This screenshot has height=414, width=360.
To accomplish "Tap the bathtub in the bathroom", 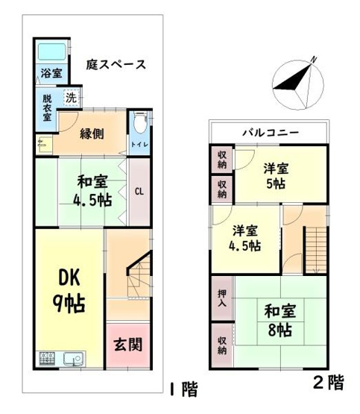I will pyautogui.click(x=51, y=54).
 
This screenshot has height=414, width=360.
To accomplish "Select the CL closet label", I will pyautogui.click(x=139, y=191).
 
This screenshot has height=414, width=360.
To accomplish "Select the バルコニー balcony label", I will pyautogui.click(x=270, y=132).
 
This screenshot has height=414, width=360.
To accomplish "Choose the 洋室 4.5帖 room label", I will pyautogui.click(x=245, y=236).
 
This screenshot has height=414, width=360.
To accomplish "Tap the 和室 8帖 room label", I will pyautogui.click(x=275, y=319).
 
